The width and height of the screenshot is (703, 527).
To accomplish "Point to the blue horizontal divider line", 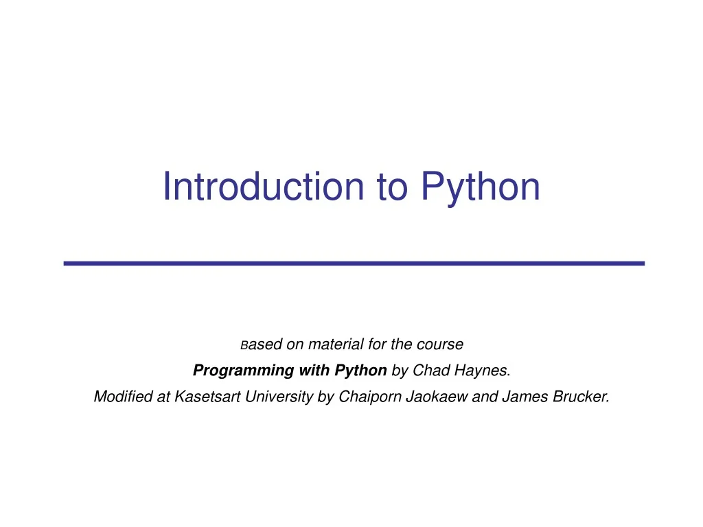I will click(354, 263).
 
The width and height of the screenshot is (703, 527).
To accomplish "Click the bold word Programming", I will click(233, 371).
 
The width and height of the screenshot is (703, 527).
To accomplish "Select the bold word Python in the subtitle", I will click(360, 371).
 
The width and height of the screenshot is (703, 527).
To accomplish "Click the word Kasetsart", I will click(205, 397).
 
